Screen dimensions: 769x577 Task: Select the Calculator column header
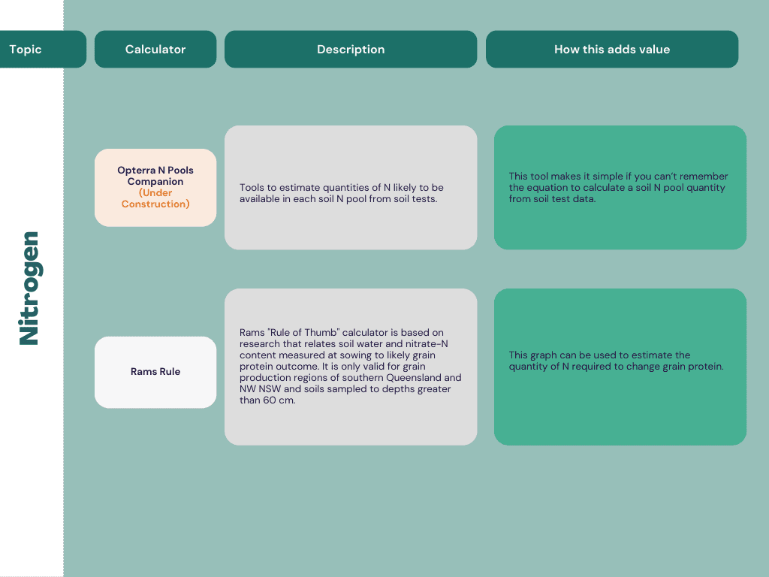tap(155, 49)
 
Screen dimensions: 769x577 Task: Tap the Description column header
tap(351, 49)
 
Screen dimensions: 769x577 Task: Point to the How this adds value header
tap(612, 49)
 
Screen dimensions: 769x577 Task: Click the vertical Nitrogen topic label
tap(29, 288)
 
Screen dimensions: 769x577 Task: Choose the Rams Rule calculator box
tap(155, 372)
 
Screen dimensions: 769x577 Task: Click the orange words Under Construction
tap(155, 198)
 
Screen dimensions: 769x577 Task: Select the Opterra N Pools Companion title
tap(155, 176)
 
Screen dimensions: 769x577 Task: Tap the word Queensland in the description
tap(414, 378)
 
